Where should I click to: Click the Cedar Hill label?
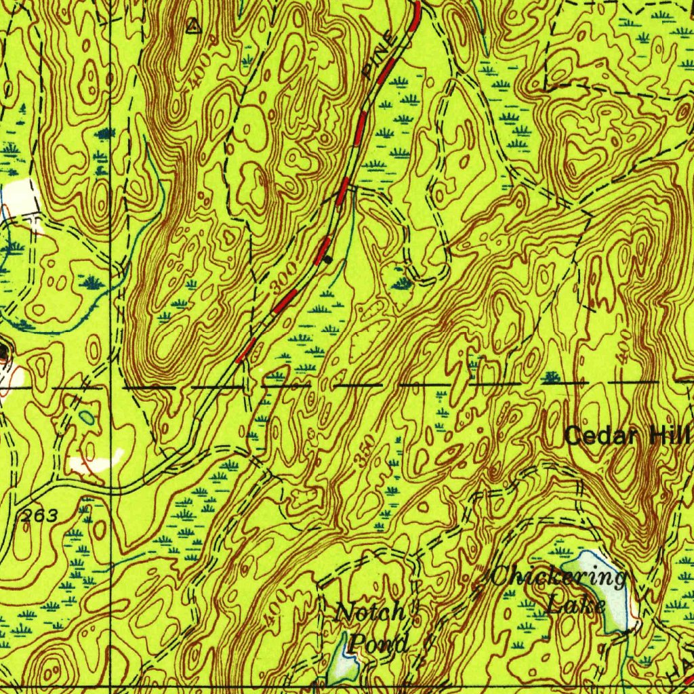click(627, 435)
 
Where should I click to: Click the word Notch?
click(370, 613)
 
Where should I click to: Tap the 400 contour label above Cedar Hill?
click(624, 347)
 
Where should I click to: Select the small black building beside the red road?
click(328, 259)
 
